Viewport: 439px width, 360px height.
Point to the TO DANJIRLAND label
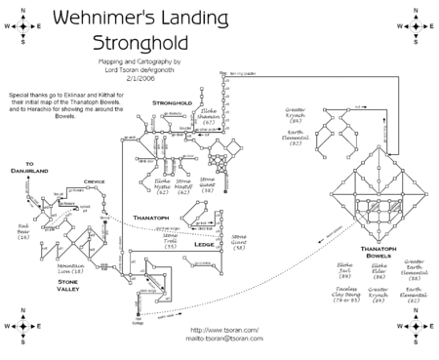coord(36,167)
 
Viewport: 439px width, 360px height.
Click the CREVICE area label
coord(95,180)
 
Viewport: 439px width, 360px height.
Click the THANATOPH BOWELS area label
coord(380,253)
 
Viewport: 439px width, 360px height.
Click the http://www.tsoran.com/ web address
coord(219,329)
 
